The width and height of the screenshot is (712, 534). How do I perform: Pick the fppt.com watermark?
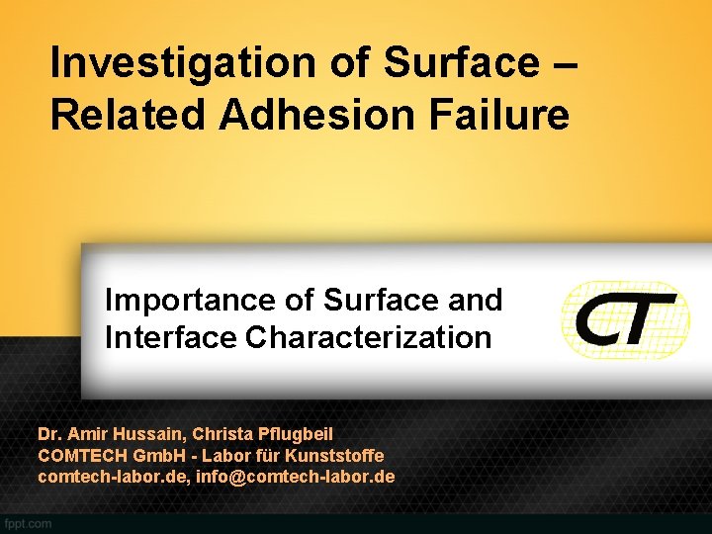tap(27, 523)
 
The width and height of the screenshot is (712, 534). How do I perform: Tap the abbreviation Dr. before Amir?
tap(48, 434)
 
